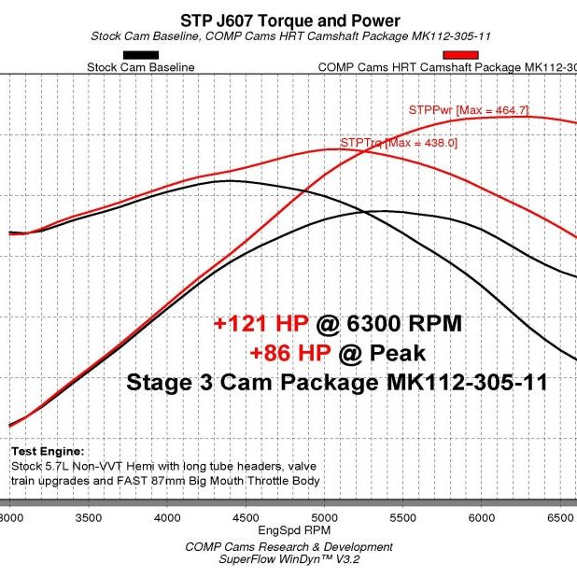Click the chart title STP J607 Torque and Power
click(x=289, y=21)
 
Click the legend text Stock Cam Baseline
click(x=141, y=67)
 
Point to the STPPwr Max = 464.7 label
click(x=469, y=110)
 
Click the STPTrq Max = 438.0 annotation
click(x=399, y=143)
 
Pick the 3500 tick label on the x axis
click(x=87, y=515)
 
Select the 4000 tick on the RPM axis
click(x=166, y=515)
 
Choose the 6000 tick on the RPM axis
click(x=480, y=515)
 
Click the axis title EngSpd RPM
click(x=288, y=531)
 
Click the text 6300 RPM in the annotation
click(x=403, y=325)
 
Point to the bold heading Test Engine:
click(x=48, y=450)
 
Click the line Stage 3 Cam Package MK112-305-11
click(x=336, y=382)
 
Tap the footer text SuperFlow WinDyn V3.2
click(x=288, y=559)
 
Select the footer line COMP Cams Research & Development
click(x=288, y=546)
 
